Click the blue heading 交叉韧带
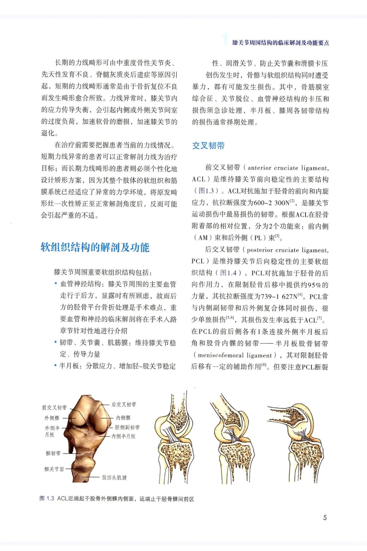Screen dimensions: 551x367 tap(208, 146)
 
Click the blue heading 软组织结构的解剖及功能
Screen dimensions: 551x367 tap(95, 247)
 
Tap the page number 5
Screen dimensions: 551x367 tap(325, 517)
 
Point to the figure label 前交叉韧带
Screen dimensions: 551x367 tap(54, 408)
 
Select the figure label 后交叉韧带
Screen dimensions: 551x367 tap(124, 404)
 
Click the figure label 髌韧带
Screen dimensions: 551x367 tap(53, 453)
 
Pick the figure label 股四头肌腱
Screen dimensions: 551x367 tap(114, 478)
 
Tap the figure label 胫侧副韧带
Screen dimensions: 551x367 tap(127, 427)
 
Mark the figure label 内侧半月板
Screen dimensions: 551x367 tap(124, 436)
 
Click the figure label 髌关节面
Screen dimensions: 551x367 tap(54, 469)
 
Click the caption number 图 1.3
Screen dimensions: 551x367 tap(47, 499)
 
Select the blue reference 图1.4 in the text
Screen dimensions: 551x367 tap(228, 273)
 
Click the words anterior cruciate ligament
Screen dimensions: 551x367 tap(288, 168)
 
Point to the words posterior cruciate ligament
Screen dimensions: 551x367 tap(287, 250)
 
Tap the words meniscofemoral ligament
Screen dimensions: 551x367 tap(235, 356)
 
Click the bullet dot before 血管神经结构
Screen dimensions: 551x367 tap(56, 284)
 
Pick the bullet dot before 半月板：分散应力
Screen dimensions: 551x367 tap(55, 366)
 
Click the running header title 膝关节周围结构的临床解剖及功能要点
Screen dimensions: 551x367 tap(281, 43)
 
